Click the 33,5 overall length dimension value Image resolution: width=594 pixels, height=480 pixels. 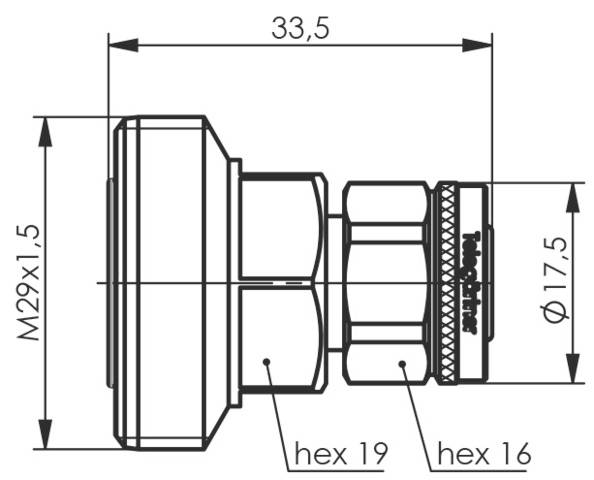tap(301, 29)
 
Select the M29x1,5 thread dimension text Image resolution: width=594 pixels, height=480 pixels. tap(30, 283)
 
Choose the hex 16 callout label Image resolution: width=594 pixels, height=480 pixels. tap(483, 456)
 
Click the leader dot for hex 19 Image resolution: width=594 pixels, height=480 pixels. tap(267, 361)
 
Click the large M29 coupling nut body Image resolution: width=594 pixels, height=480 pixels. tap(170, 283)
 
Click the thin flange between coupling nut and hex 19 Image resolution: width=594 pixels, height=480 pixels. tap(235, 283)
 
